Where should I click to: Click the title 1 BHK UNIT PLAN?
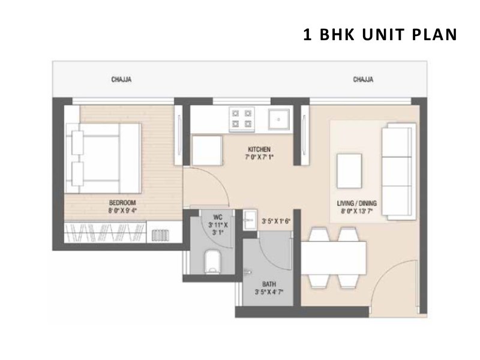(x=380, y=34)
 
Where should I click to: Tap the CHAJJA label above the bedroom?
(x=122, y=80)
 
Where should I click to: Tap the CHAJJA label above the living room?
(x=363, y=80)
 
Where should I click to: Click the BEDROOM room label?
(x=122, y=203)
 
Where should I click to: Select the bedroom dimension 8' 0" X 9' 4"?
(x=122, y=211)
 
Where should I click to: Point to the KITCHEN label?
(x=259, y=149)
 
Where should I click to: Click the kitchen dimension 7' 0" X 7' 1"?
(x=259, y=157)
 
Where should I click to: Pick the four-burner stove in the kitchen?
(x=242, y=119)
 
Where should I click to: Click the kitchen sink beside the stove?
(x=278, y=119)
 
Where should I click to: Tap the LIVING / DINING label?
(x=356, y=203)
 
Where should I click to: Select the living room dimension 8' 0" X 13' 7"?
(x=356, y=211)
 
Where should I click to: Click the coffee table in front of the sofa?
(x=349, y=171)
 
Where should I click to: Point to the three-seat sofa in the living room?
(x=398, y=172)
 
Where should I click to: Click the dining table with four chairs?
(x=334, y=258)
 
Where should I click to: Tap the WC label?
(x=218, y=217)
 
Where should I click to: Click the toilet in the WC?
(x=212, y=262)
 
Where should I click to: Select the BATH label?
(x=269, y=284)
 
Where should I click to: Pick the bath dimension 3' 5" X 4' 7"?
(x=269, y=292)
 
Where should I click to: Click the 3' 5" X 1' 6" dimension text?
(x=276, y=221)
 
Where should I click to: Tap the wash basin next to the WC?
(x=250, y=220)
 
